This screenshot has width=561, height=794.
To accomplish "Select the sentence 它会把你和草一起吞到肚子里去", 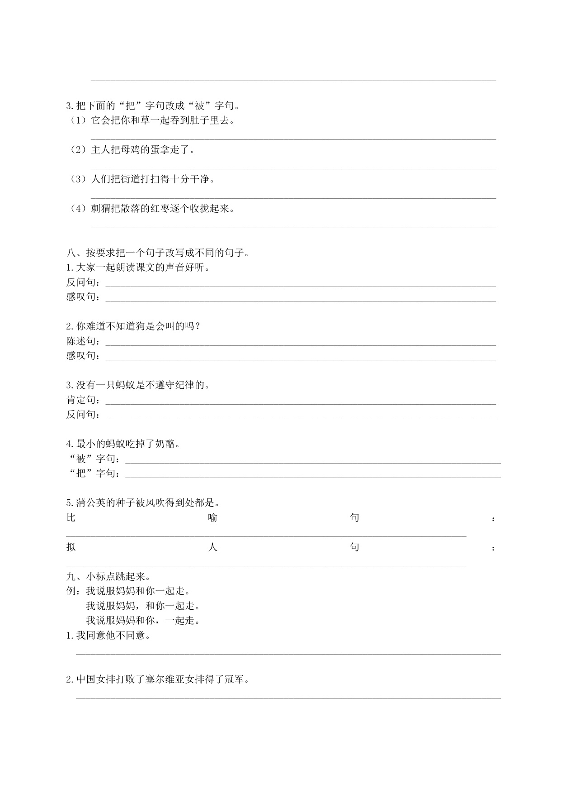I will pos(163,120).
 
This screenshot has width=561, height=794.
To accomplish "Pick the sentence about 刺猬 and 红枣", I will pos(163,209).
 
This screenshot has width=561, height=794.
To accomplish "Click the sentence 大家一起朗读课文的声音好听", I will pos(138,267).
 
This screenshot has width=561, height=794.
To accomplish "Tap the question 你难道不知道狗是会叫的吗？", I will pos(133,326).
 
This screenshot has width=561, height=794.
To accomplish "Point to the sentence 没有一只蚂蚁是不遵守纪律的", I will pos(138,385).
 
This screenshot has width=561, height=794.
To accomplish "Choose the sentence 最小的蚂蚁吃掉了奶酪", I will pos(123,444).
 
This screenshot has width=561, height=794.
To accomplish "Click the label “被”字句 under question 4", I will pos(94,459).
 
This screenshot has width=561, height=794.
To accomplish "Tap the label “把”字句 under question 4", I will pos(94,474).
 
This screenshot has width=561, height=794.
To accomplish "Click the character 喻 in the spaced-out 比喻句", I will pos(212,517).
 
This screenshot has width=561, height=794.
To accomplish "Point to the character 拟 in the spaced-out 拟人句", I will pos(71,547).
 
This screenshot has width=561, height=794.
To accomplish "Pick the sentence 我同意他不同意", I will pos(108,636).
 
